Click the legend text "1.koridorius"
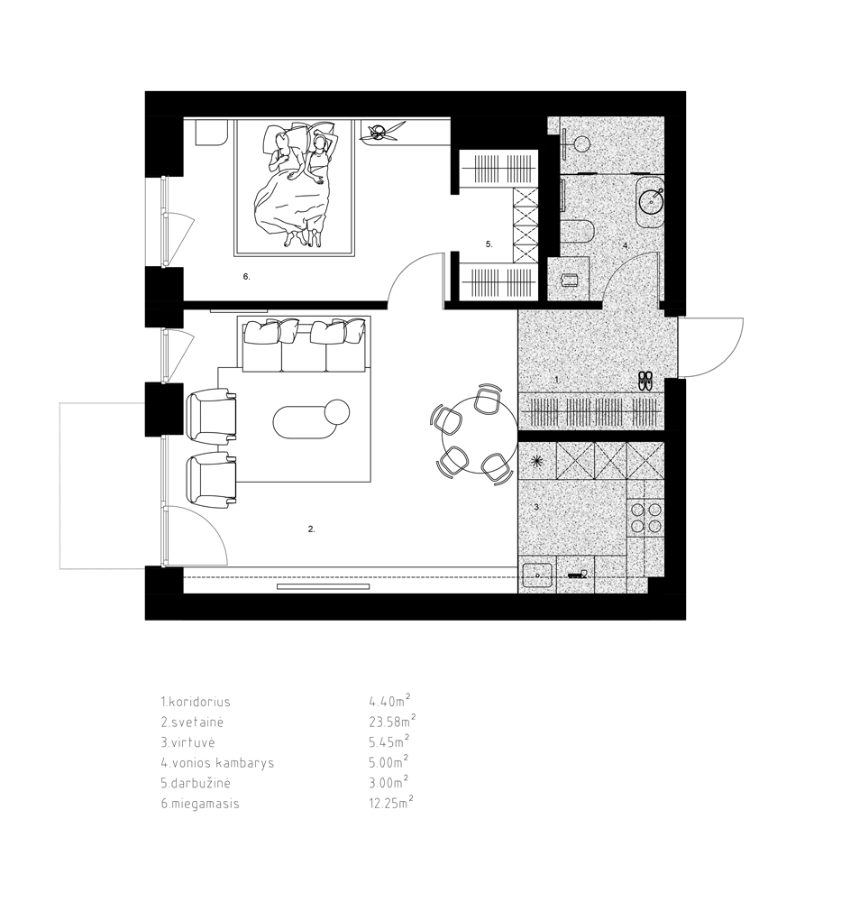click(196, 702)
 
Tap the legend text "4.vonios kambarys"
click(217, 763)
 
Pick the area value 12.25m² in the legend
click(391, 802)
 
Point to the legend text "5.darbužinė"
click(196, 783)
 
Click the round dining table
click(480, 436)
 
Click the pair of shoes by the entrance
click(645, 381)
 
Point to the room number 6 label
click(247, 277)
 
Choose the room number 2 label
click(312, 529)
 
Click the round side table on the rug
click(337, 412)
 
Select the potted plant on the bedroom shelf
click(379, 133)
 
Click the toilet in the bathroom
click(577, 233)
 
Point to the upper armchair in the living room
click(212, 416)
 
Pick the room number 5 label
click(489, 244)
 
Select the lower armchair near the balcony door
click(212, 480)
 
